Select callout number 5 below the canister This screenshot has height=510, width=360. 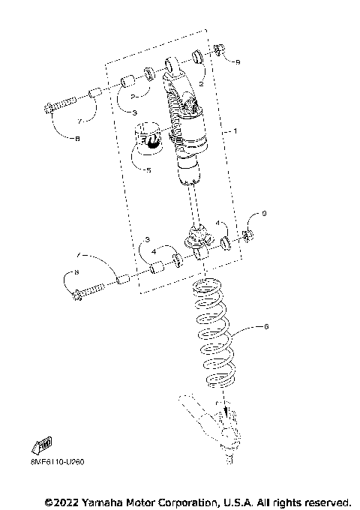(x=148, y=170)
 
